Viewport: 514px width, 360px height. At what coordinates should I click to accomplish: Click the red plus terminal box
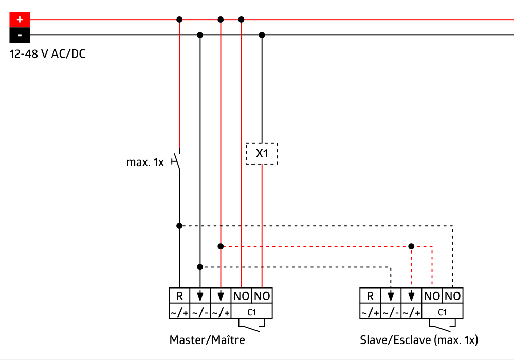click(20, 20)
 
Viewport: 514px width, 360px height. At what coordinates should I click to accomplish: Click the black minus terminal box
click(20, 35)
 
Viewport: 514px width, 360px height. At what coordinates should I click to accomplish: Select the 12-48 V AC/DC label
click(47, 53)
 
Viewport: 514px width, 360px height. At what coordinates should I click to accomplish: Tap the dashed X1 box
click(262, 154)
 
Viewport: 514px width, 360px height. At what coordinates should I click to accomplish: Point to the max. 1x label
click(145, 163)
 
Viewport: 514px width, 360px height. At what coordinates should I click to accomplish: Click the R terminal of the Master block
click(179, 296)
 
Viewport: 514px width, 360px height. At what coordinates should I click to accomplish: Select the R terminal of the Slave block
click(370, 296)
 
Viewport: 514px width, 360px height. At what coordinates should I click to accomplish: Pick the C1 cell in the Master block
click(252, 312)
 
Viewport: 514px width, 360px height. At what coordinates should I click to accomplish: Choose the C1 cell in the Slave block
click(442, 312)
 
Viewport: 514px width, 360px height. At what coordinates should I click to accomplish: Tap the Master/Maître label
click(207, 340)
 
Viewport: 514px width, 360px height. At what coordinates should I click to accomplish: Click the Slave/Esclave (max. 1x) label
click(419, 340)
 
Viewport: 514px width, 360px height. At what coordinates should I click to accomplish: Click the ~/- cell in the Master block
click(200, 312)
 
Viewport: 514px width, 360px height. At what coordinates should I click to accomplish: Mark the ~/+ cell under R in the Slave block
click(370, 312)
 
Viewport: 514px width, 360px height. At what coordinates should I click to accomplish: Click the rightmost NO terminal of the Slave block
click(452, 296)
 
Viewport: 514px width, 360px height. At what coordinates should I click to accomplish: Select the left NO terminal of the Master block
click(242, 296)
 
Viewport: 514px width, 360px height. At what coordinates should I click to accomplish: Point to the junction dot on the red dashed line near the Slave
click(411, 246)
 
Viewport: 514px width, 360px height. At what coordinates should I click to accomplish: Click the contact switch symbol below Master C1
click(252, 325)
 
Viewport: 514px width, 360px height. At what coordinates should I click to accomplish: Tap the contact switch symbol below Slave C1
click(442, 325)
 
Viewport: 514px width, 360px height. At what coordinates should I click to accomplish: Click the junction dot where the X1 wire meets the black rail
click(262, 35)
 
